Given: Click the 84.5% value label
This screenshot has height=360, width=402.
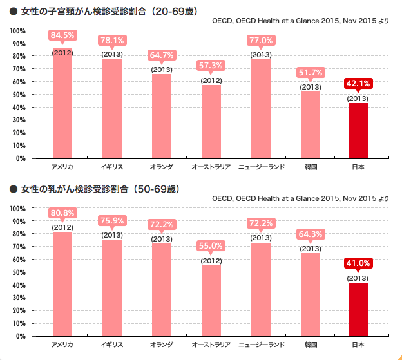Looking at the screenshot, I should (62, 35).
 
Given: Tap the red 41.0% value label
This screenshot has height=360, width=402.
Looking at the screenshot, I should (358, 263).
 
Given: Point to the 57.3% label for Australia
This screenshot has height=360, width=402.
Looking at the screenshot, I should (211, 66).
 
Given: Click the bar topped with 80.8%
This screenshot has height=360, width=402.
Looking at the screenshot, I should (62, 283).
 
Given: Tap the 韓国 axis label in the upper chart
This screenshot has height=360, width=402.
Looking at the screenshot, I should (311, 167).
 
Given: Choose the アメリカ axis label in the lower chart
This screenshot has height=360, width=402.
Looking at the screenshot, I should (62, 345).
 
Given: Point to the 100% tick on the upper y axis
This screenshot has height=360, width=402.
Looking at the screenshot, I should (17, 31).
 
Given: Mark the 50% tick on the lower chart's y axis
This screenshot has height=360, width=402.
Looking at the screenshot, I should (19, 272).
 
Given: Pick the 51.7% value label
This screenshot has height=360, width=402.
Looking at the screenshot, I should (311, 72).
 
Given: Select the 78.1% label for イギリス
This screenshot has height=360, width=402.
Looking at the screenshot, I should (111, 41).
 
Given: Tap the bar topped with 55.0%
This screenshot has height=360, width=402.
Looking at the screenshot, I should (211, 300).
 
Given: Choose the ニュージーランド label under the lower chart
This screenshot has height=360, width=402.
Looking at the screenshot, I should (261, 345).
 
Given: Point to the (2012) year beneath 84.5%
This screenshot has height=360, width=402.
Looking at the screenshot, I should (62, 52).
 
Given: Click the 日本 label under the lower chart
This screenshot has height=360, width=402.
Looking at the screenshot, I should (358, 345).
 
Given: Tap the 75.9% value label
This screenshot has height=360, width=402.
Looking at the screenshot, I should (111, 221).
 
